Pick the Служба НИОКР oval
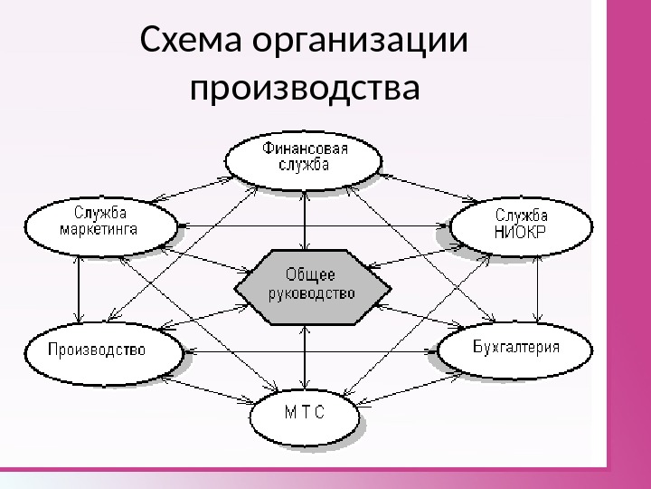521,224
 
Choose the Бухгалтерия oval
516,347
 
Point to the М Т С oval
304,415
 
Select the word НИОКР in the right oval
521,231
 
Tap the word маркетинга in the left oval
99,230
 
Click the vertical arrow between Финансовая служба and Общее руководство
306,217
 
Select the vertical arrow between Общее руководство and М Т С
306,358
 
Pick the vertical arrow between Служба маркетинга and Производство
80,286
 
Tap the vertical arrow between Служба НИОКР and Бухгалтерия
537,286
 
